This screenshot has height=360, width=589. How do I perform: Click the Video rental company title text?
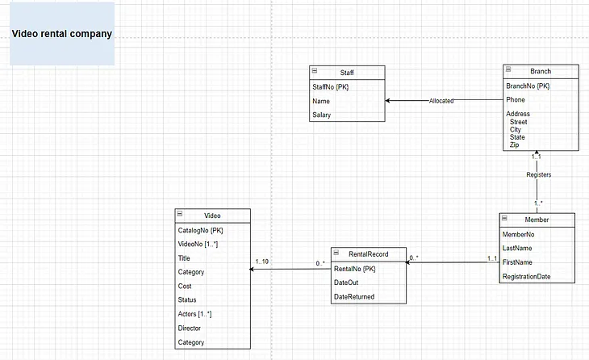click(x=61, y=34)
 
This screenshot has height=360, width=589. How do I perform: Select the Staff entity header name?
click(x=347, y=73)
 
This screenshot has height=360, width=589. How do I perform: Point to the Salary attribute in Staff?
click(x=322, y=115)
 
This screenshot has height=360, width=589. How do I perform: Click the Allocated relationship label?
click(x=441, y=101)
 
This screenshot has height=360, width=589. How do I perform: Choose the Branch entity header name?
click(x=541, y=71)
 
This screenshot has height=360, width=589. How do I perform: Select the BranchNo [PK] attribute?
click(x=527, y=86)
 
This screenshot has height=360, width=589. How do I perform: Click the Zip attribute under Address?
click(x=516, y=144)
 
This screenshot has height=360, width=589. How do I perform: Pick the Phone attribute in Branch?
click(x=516, y=100)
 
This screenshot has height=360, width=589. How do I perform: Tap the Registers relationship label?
click(x=538, y=174)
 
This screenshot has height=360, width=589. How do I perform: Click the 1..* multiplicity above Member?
click(x=537, y=203)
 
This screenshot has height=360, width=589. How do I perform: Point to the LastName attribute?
click(x=518, y=249)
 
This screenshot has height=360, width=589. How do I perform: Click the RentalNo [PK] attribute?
click(x=355, y=269)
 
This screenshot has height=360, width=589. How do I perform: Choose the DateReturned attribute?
click(x=354, y=296)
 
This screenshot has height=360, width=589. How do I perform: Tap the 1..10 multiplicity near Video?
click(x=263, y=261)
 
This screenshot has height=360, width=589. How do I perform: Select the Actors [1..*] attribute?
click(x=194, y=313)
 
